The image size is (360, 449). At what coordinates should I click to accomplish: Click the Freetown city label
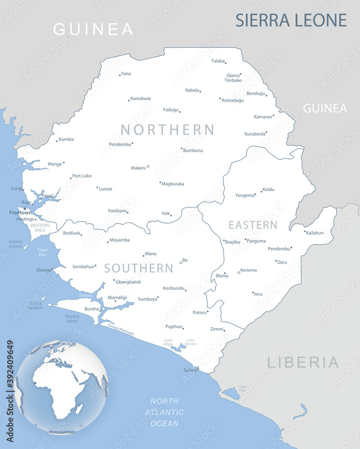[20, 213]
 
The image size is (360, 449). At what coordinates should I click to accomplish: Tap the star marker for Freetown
[25, 208]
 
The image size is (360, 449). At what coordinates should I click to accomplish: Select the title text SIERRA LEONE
[291, 21]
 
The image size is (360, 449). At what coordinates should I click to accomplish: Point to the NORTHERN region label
[167, 130]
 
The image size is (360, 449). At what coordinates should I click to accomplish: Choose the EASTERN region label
[253, 225]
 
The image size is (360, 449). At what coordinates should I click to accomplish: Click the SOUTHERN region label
[139, 269]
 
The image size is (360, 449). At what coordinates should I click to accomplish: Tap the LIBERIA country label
[303, 362]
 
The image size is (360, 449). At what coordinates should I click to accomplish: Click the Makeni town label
[138, 168]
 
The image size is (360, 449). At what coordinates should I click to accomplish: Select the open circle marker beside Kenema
[239, 272]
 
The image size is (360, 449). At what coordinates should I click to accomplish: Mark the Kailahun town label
[314, 233]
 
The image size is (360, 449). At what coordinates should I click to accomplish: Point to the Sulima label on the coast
[190, 370]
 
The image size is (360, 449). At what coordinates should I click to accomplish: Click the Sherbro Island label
[72, 318]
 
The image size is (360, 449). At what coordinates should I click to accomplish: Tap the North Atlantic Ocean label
[164, 412]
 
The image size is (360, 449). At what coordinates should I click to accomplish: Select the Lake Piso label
[242, 387]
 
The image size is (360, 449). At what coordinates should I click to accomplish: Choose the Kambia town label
[66, 139]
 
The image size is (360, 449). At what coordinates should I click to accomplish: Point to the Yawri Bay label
[43, 252]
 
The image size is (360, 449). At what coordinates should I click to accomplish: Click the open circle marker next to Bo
[181, 263]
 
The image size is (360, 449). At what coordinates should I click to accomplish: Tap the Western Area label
[40, 228]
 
